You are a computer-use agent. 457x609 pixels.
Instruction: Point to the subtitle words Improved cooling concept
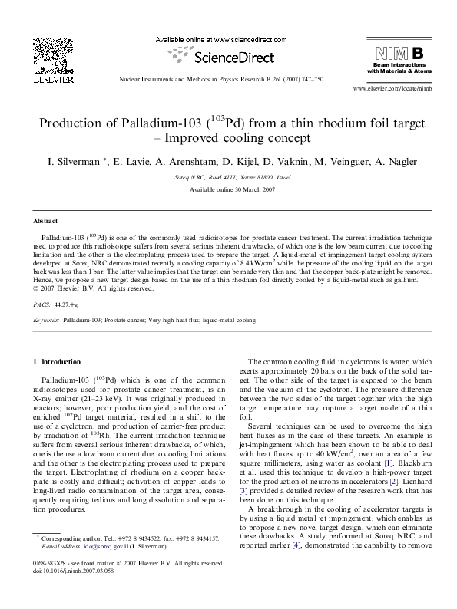tap(233, 139)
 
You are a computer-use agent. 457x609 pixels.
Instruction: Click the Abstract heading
tap(44, 219)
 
